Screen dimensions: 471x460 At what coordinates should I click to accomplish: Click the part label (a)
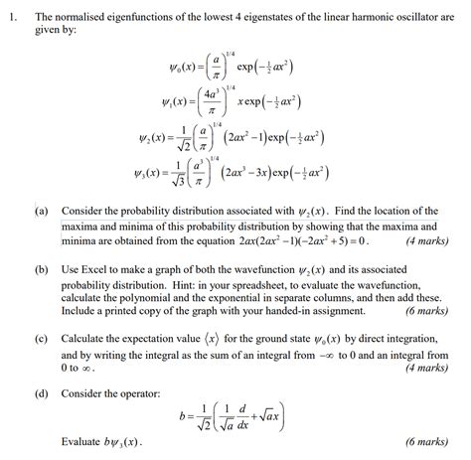[x=41, y=212]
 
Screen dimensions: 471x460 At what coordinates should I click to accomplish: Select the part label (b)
[x=41, y=269]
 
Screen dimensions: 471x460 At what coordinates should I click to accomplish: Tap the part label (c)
[x=41, y=338]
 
